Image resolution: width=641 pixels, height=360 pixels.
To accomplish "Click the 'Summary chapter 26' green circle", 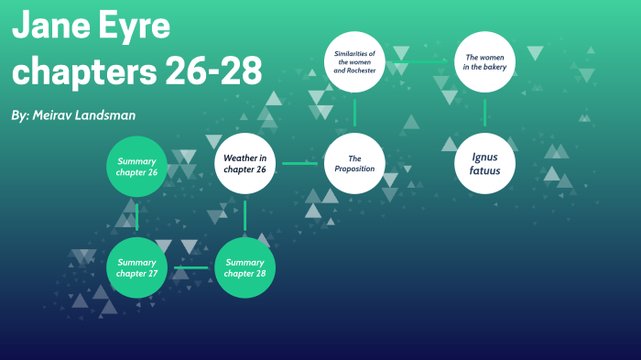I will [137, 166].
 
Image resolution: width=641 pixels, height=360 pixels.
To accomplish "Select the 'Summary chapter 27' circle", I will [137, 268].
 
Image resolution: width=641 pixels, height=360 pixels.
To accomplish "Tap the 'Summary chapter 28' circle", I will [244, 268].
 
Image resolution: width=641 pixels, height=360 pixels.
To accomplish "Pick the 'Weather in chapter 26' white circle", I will [244, 163].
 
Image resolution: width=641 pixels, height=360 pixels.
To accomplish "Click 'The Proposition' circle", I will [354, 163].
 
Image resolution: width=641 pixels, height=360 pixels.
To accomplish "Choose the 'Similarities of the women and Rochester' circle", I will [354, 62].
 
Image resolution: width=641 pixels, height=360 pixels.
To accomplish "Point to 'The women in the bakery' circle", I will [485, 62].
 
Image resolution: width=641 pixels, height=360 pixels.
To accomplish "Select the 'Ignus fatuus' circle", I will [485, 163].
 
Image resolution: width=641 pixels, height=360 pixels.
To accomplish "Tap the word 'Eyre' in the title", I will [134, 28].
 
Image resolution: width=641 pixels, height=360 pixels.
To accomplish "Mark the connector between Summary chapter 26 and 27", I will [137, 217].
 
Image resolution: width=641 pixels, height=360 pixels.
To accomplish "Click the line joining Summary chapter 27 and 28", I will [190, 268].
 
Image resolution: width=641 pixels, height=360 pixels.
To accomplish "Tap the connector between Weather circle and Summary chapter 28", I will [244, 215].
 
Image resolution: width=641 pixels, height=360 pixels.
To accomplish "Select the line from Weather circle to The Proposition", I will [299, 163].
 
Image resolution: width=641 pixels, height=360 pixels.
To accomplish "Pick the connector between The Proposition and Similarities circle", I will [354, 112].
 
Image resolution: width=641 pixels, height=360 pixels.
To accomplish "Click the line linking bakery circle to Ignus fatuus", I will [485, 112].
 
